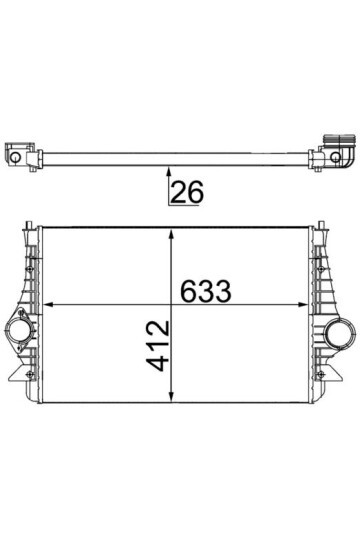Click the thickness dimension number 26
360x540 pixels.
click(x=187, y=192)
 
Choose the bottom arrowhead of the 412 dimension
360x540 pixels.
click(x=176, y=395)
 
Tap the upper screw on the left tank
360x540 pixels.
click(x=33, y=262)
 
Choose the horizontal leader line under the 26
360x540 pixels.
click(x=183, y=205)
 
